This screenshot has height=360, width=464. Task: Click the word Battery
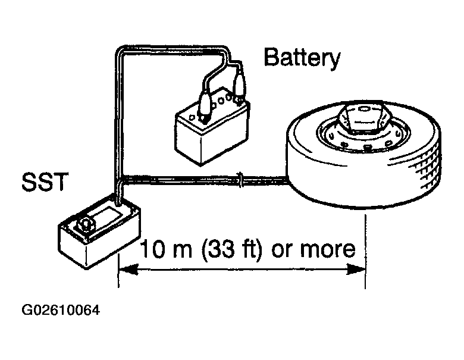click(302, 58)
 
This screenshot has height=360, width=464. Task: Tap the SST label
click(45, 181)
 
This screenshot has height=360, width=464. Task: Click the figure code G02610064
click(61, 310)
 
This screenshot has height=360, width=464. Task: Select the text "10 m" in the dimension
click(166, 249)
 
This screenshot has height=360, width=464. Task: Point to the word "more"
click(327, 249)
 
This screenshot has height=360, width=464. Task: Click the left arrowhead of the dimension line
click(128, 270)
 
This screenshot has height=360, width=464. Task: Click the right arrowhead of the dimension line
click(356, 270)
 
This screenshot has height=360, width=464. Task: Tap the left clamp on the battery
click(205, 107)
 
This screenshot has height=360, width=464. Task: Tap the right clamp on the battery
click(239, 87)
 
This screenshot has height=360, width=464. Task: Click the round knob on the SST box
click(86, 224)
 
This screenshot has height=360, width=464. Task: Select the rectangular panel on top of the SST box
click(106, 215)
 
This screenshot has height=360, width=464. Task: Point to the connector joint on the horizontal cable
click(241, 180)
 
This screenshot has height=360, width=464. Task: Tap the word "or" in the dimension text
click(282, 250)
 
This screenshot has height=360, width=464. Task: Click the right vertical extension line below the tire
click(366, 252)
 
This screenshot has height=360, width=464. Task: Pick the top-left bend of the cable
click(119, 51)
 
